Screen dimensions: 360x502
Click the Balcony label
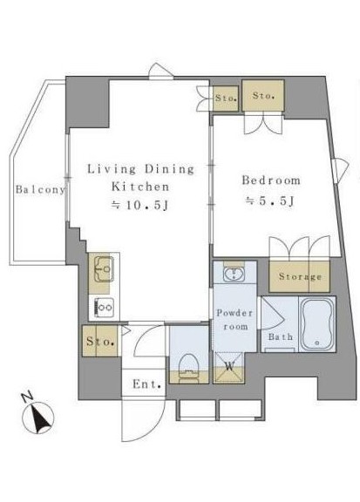click(40, 189)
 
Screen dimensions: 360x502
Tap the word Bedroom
click(271, 180)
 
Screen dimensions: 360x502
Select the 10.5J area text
click(139, 205)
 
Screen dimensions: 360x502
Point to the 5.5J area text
click(269, 201)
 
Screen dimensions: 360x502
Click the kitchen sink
click(104, 268)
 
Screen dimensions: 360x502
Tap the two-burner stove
click(104, 308)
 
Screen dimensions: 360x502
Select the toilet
click(189, 367)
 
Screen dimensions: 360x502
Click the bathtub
click(317, 324)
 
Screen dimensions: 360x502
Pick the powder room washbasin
click(234, 274)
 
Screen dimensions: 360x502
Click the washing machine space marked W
click(229, 367)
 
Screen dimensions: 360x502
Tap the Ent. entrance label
click(146, 383)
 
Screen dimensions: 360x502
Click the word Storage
click(300, 276)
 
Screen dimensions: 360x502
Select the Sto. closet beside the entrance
click(100, 341)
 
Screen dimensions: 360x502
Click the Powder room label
click(234, 320)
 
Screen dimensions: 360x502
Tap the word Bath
click(281, 336)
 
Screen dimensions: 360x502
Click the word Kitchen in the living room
click(140, 187)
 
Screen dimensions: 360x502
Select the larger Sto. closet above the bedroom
click(263, 95)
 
